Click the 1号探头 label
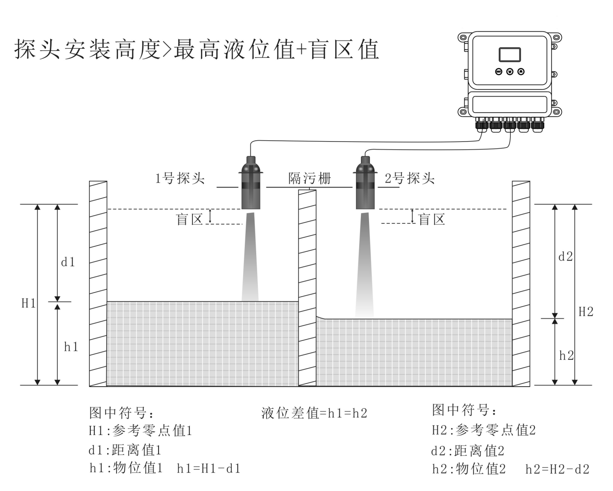coord(180,178)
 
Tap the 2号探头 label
coord(409,178)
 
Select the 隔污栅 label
coord(309,178)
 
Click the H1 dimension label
coord(28,304)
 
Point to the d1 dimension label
coord(68,262)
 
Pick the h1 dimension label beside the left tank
coord(71,347)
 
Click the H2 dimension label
coord(586,312)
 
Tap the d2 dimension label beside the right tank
coord(566,257)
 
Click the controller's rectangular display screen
coord(510,54)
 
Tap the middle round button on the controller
coord(510,72)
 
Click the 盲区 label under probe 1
coord(189,219)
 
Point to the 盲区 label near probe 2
coord(432,219)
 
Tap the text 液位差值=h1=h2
coord(314,413)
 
